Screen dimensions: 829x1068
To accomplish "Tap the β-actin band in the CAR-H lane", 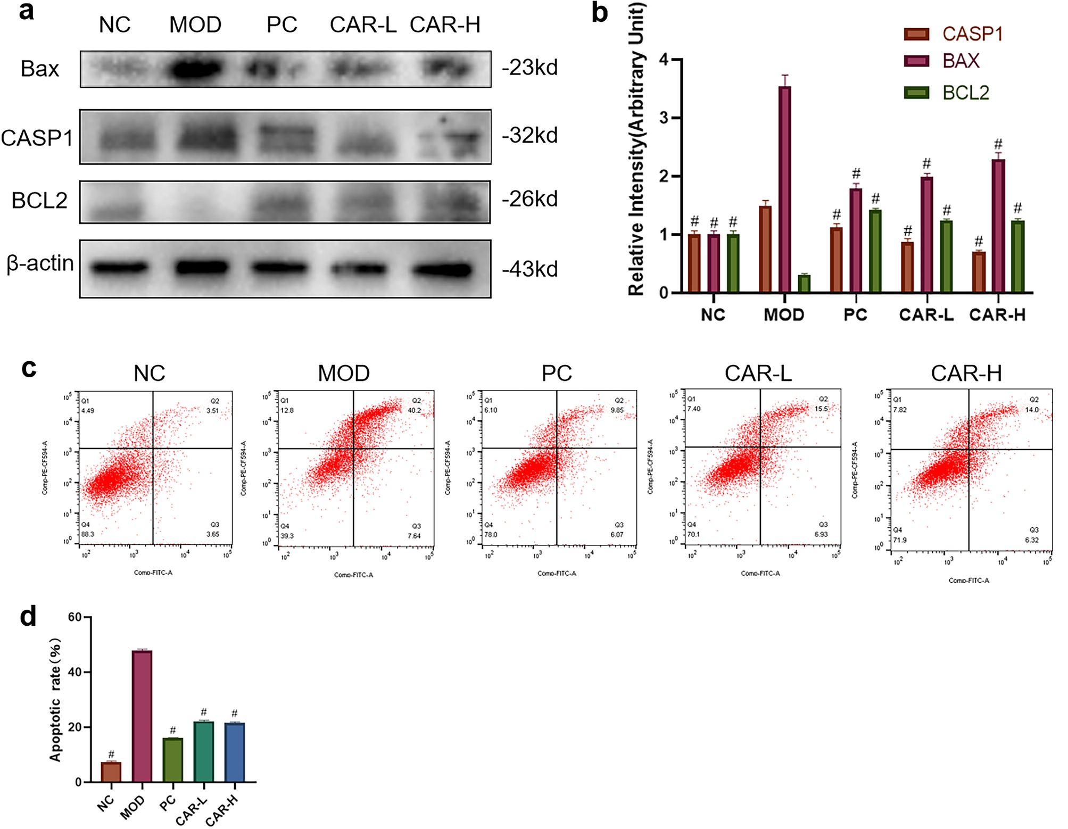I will (442, 270).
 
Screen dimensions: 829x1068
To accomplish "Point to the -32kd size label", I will (529, 136).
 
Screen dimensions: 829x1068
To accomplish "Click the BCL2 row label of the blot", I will (39, 201).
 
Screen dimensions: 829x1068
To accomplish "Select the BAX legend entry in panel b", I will (961, 61).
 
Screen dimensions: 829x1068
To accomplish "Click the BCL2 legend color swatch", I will (916, 93).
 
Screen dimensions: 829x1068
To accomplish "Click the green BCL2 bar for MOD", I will (804, 284).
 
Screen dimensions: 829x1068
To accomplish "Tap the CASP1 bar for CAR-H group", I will (979, 272).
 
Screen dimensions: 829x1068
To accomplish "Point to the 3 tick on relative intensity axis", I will (664, 118).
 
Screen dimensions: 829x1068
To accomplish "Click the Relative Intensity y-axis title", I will (636, 149).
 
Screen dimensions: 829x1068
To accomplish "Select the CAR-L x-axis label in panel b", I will (926, 315).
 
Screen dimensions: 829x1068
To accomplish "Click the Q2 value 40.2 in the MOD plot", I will (414, 410).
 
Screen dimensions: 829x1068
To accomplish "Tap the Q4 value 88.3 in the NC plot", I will (87, 534).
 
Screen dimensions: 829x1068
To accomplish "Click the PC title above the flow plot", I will (557, 373).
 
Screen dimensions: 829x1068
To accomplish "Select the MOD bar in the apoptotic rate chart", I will (142, 716).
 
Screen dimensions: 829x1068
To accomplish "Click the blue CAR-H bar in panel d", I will (235, 752).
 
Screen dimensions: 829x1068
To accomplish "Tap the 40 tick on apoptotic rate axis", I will (75, 672).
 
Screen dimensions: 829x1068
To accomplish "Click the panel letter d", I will (28, 617).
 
